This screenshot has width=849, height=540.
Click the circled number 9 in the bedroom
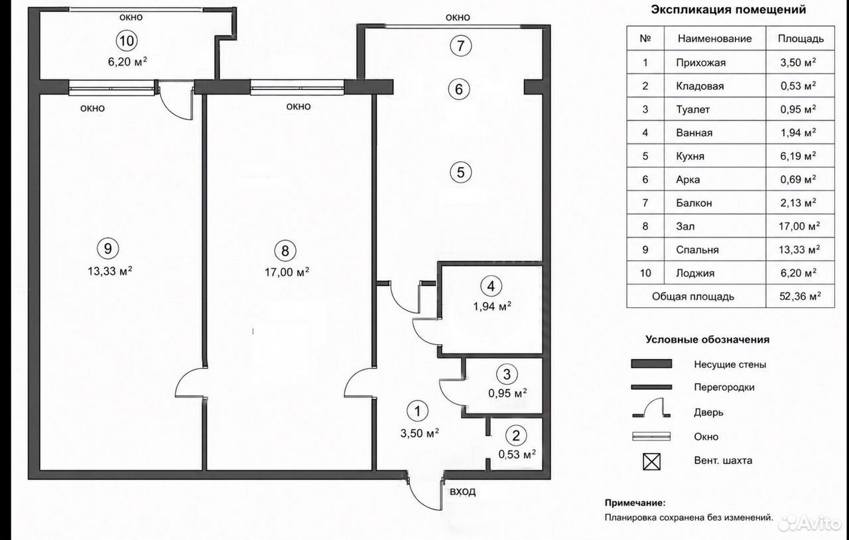(108, 249)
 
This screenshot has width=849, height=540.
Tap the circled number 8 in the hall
(285, 251)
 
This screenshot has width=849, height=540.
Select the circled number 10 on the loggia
(127, 40)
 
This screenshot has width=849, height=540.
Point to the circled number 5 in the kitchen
(460, 172)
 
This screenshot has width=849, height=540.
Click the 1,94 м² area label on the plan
(492, 306)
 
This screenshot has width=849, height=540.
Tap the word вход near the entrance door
(462, 492)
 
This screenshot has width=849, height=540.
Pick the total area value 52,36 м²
(800, 296)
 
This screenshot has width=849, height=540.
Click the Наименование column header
(714, 38)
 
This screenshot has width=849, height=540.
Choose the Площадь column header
(801, 38)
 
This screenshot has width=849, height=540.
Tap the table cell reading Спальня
(697, 250)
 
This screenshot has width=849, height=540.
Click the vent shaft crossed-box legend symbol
(651, 462)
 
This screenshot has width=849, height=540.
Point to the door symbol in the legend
(651, 408)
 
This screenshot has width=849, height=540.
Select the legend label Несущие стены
(730, 364)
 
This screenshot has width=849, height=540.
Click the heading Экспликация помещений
(728, 10)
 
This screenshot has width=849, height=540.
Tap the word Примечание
(635, 503)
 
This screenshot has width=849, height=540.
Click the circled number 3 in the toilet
(507, 374)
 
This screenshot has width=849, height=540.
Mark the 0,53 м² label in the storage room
(517, 454)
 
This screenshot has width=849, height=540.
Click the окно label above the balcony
(458, 17)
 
